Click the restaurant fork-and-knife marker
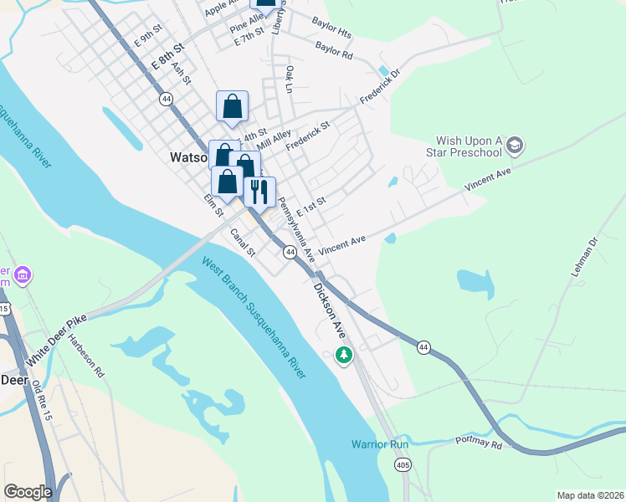coord(259,192)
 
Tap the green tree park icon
coord(343,356)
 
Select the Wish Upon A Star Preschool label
coord(469,146)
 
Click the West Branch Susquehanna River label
coord(254,317)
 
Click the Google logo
coord(28,492)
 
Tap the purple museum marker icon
coord(23,274)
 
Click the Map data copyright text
coord(589,495)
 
